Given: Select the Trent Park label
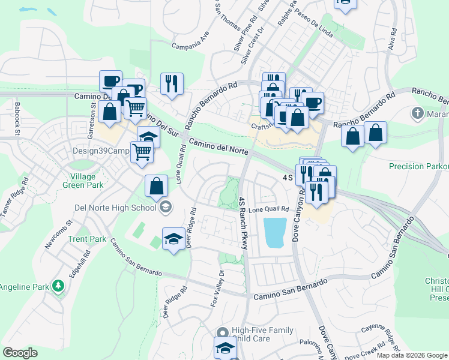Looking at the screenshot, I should (87, 239).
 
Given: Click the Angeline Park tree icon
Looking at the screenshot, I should (58, 286).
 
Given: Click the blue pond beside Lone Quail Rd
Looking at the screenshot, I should (274, 233).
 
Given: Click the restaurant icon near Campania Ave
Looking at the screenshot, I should (172, 83).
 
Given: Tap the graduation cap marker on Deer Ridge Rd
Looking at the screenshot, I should (173, 239).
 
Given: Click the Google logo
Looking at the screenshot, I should (20, 353).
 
